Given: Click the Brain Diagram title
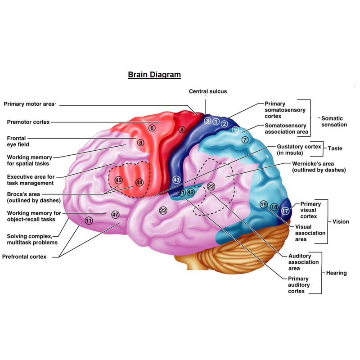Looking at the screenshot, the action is tap(154, 75).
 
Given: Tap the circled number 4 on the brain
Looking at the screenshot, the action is tap(182, 130).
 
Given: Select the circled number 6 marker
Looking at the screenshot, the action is tap(152, 128).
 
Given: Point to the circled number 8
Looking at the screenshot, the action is tap(141, 143).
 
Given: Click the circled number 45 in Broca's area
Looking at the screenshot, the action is tap(118, 180).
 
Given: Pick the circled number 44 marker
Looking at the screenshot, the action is tap(139, 183).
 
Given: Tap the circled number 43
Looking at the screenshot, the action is tap(176, 180).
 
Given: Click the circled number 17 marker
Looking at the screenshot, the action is tap(285, 211).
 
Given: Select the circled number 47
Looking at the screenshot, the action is tap(115, 215).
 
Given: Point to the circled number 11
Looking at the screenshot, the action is tap(89, 220).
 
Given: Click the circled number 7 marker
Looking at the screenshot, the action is tap(245, 139).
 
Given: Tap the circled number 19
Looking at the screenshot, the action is tap(264, 204).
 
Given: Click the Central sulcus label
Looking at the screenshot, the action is tap(208, 91).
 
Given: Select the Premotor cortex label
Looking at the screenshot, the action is tap(28, 122).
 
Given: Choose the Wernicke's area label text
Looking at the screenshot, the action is tap(319, 166).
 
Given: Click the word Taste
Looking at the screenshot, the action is tap(335, 148).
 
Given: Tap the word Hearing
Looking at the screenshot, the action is tap(336, 273).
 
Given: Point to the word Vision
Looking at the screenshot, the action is tap(341, 221).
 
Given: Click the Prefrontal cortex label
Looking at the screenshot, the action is tap(24, 256).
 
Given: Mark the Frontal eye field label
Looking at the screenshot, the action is tap(18, 141).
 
